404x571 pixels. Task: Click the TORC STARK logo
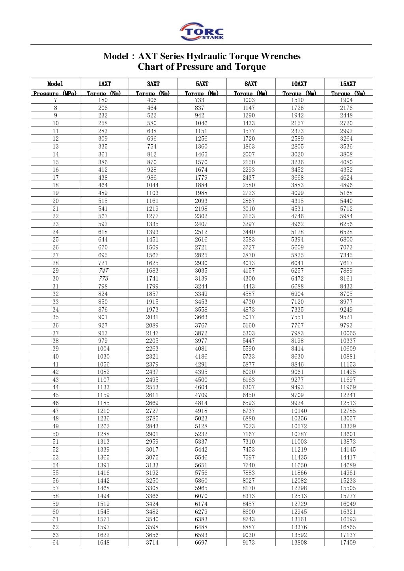point(202,32)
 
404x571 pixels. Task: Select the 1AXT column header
point(104,84)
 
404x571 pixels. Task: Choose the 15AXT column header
point(348,84)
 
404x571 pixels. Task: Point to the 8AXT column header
point(251,84)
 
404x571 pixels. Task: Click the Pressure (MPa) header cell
point(55,93)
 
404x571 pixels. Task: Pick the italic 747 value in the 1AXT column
point(103,271)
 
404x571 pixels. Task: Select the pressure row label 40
point(56,356)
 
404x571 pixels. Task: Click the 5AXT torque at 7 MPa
point(200,100)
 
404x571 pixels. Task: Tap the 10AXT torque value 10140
point(299,411)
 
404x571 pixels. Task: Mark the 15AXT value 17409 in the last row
point(348,543)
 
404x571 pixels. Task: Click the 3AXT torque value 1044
point(152,185)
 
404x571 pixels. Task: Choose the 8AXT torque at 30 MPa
point(249,278)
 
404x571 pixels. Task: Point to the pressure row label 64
point(56,543)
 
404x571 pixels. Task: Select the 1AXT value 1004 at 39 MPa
point(103,348)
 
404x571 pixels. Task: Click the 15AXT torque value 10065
point(348,333)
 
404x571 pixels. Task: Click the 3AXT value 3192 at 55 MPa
point(152,472)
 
